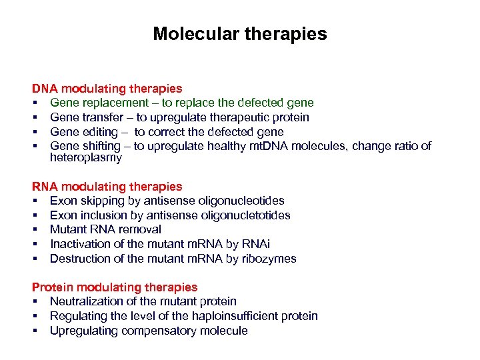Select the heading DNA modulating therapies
pos(107,88)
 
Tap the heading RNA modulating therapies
pos(107,187)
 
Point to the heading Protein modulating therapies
pos(115,287)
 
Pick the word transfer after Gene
pos(102,117)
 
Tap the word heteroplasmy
pos(86,158)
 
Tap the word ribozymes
pos(268,259)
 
